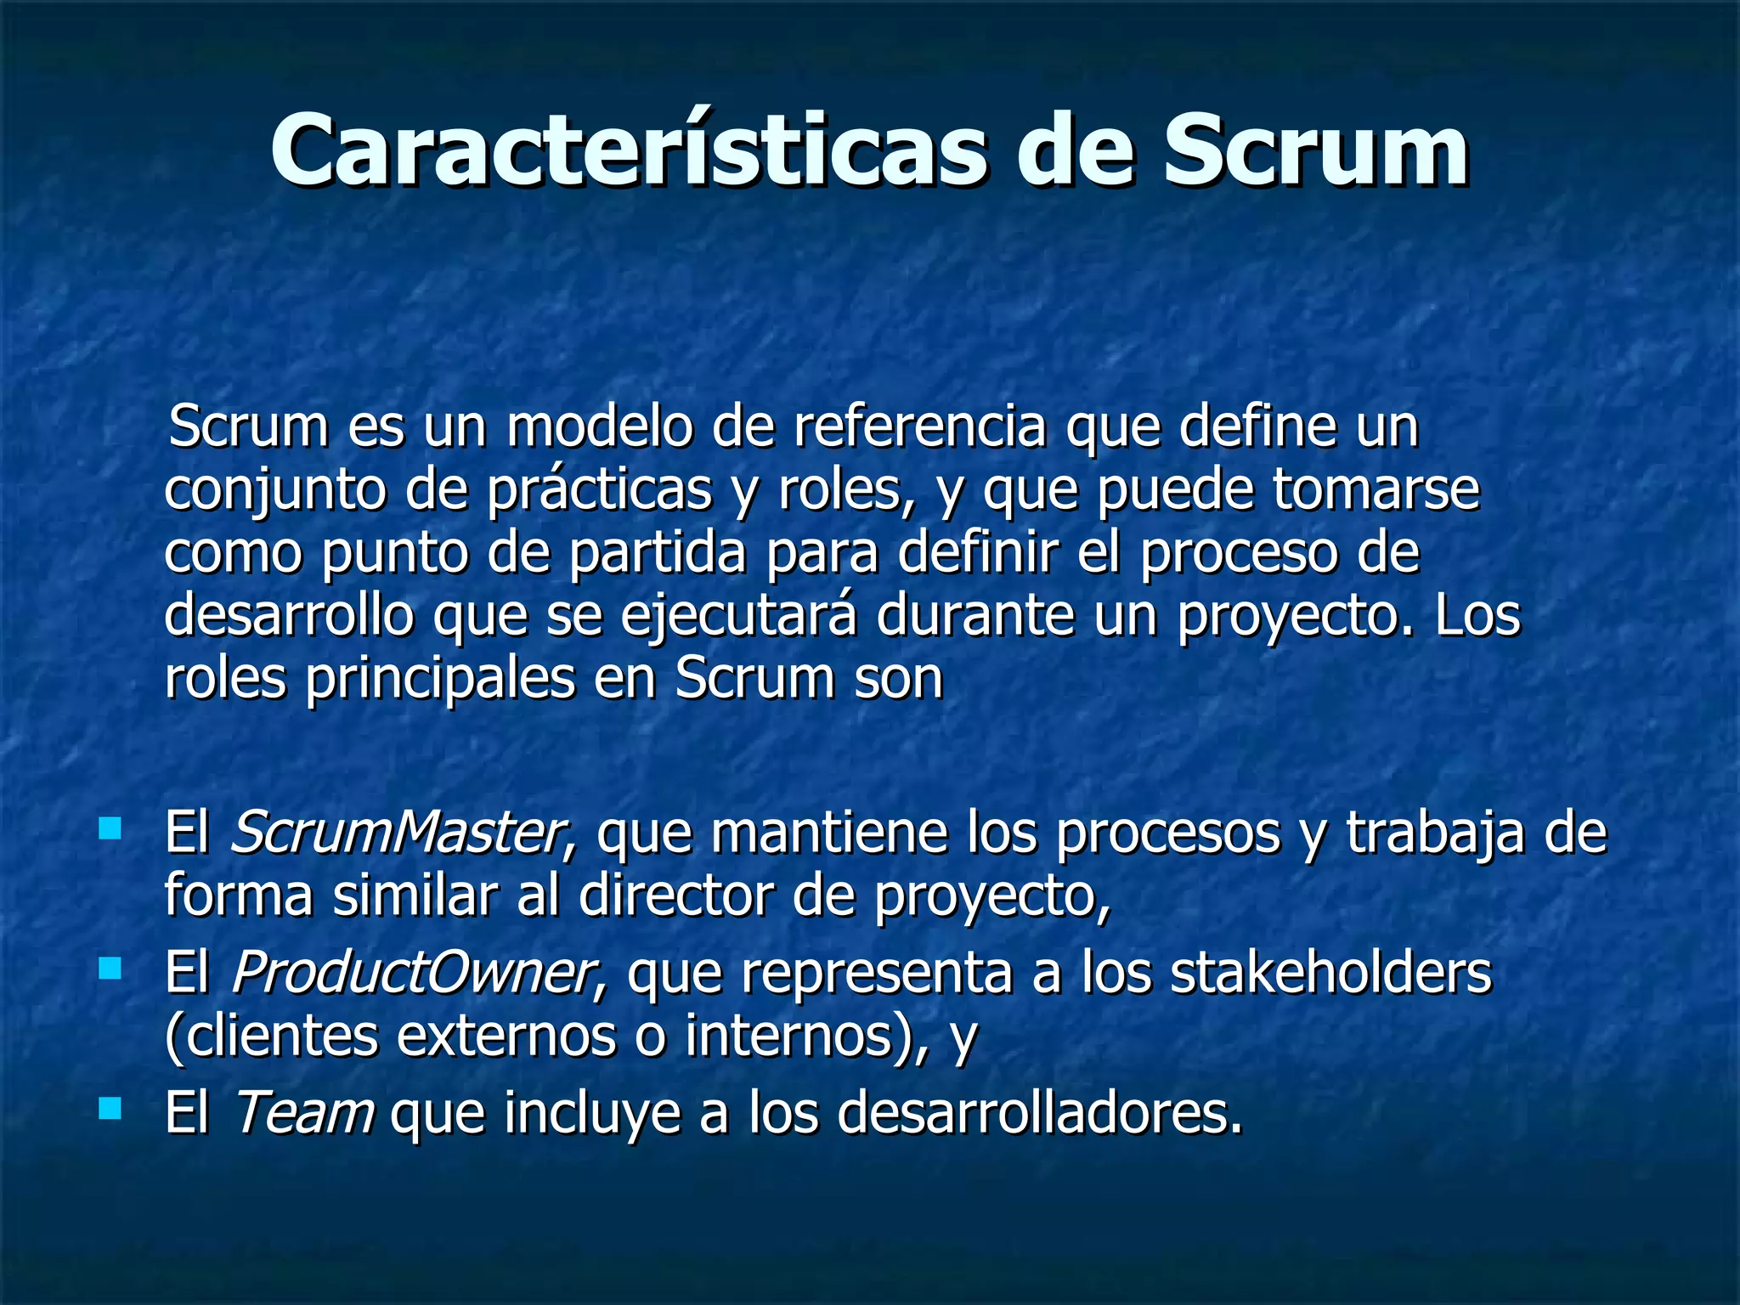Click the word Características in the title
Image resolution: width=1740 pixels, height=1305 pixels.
[629, 150]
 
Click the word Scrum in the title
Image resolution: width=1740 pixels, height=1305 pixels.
[1315, 150]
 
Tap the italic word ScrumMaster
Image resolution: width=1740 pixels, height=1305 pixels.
[398, 833]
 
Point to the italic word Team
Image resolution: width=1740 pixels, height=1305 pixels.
[303, 1112]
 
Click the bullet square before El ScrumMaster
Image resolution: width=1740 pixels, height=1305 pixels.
[110, 828]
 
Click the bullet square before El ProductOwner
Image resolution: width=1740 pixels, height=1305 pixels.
[110, 969]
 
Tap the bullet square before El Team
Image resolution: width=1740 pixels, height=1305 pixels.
[110, 1108]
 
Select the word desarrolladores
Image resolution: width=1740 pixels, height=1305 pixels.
[1039, 1112]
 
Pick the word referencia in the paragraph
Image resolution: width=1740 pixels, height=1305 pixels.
[919, 427]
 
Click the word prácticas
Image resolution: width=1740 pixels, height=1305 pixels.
[599, 490]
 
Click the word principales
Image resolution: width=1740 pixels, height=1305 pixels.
[439, 679]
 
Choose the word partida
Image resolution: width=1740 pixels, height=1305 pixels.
[657, 553]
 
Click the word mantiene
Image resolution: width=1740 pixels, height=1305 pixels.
[829, 833]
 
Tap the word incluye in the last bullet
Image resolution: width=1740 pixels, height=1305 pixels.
[592, 1112]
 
